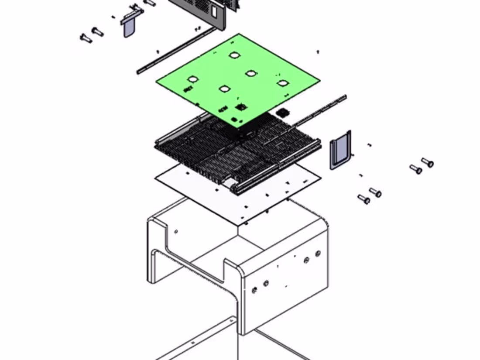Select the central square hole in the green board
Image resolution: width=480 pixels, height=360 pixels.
click(x=250, y=73)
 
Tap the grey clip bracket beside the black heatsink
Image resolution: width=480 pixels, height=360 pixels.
click(x=339, y=149)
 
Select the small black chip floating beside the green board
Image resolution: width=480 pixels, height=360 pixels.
click(x=284, y=112)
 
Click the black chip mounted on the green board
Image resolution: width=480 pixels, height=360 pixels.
click(x=240, y=106)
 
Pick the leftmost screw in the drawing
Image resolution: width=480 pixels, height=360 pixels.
click(x=86, y=38)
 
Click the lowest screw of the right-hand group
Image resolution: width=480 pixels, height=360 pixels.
click(x=364, y=199)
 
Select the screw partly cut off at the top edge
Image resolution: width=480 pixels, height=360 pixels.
click(x=150, y=3)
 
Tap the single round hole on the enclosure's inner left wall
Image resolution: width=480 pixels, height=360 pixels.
click(x=176, y=232)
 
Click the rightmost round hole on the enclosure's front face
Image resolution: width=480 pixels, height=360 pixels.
click(x=318, y=253)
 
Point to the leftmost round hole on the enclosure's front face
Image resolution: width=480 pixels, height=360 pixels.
click(x=254, y=289)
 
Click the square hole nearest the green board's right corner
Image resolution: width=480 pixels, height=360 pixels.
click(x=282, y=83)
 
